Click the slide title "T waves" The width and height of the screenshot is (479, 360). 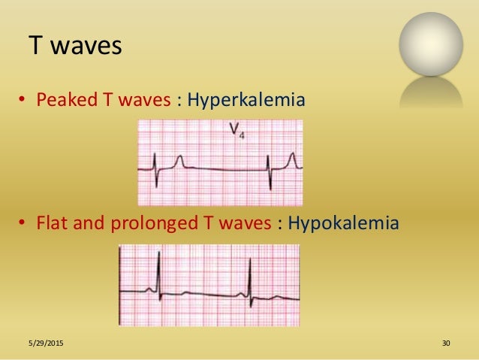pos(74,47)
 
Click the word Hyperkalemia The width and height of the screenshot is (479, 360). pos(246,100)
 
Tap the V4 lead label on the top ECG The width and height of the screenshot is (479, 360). pos(236,135)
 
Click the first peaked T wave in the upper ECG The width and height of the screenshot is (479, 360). pos(180,160)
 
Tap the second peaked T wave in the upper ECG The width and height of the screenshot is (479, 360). pos(294,159)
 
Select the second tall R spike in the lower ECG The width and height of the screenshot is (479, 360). pos(250,274)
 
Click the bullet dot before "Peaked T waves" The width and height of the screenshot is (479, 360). pos(23,101)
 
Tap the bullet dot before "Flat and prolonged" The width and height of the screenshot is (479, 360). pos(23,224)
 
